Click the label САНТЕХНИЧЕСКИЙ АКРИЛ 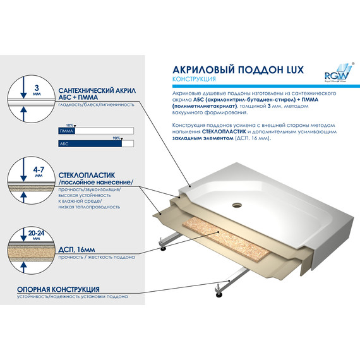[x=94, y=90]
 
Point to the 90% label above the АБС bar [x=116, y=138]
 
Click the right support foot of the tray [x=219, y=292]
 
